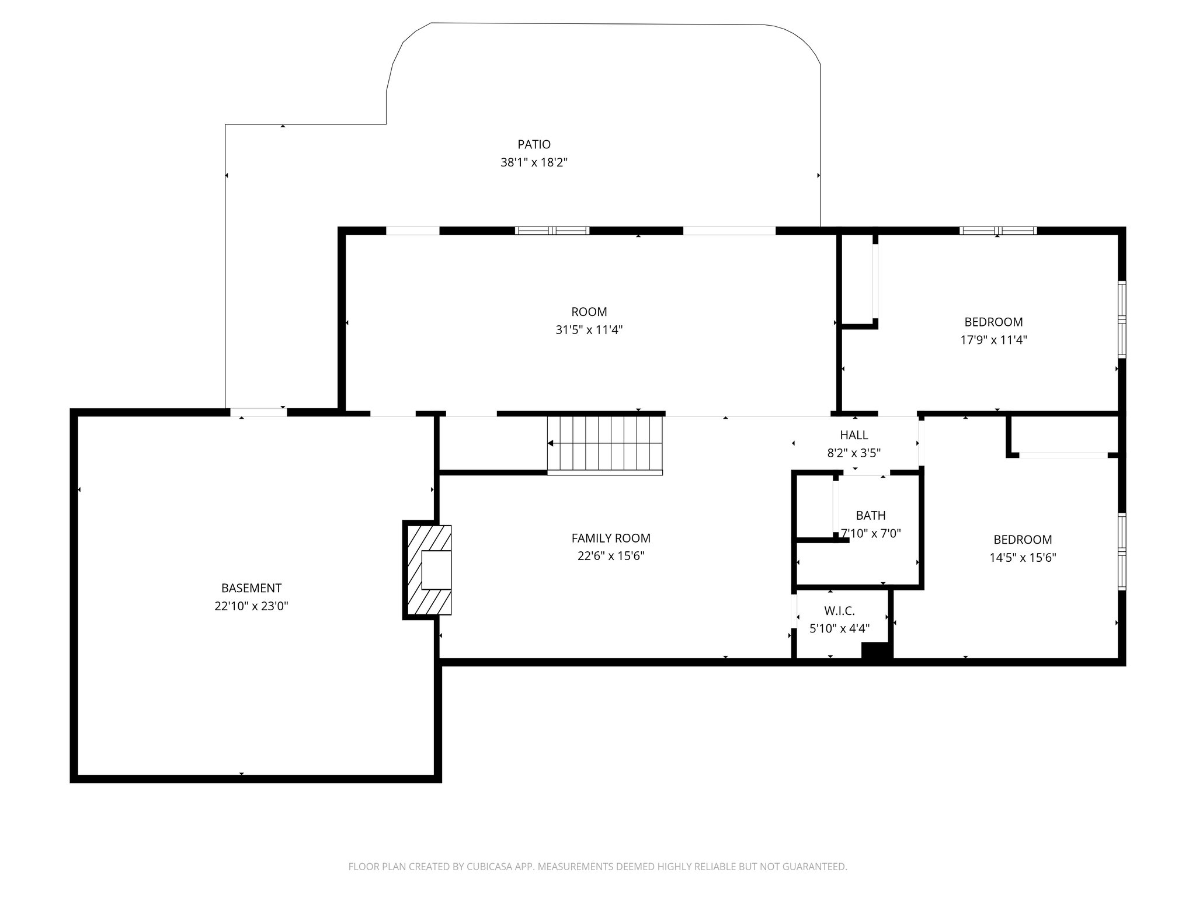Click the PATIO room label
tap(534, 144)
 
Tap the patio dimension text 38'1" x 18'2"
tap(534, 162)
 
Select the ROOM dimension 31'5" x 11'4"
tap(589, 330)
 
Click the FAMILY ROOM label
tap(611, 538)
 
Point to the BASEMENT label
tap(251, 588)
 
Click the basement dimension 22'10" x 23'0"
tap(251, 606)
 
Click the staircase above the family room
tap(605, 444)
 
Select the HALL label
tap(854, 435)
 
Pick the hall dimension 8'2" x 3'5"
tap(854, 453)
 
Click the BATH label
tap(871, 516)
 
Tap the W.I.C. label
tap(839, 611)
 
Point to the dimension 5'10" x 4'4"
tap(839, 628)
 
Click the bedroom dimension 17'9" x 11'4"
tap(993, 340)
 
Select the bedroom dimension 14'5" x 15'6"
tap(1023, 558)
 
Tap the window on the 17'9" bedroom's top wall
tap(997, 231)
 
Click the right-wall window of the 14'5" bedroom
tap(1122, 551)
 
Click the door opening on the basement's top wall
tap(258, 412)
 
